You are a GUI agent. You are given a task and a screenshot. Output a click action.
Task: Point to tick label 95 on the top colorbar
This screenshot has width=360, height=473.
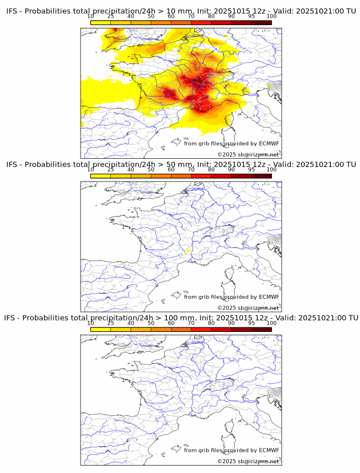tap(251, 17)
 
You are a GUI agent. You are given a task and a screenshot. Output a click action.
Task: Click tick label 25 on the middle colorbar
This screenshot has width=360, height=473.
tap(110, 170)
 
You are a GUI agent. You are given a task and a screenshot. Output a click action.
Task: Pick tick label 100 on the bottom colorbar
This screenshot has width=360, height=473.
tap(271, 323)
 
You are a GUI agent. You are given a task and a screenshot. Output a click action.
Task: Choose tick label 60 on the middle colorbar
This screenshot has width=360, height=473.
tap(171, 170)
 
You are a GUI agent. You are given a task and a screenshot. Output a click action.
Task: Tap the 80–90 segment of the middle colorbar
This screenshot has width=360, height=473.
tap(221, 176)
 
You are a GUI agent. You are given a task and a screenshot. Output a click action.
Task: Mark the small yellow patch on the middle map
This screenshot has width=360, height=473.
tap(187, 251)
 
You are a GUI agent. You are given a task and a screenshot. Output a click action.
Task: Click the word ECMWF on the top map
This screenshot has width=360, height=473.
tap(269, 143)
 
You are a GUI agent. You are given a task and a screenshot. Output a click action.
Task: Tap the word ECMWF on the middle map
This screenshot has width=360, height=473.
tap(269, 296)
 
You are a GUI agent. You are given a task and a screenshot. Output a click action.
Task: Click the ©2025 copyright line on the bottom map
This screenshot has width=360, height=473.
tap(248, 461)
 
